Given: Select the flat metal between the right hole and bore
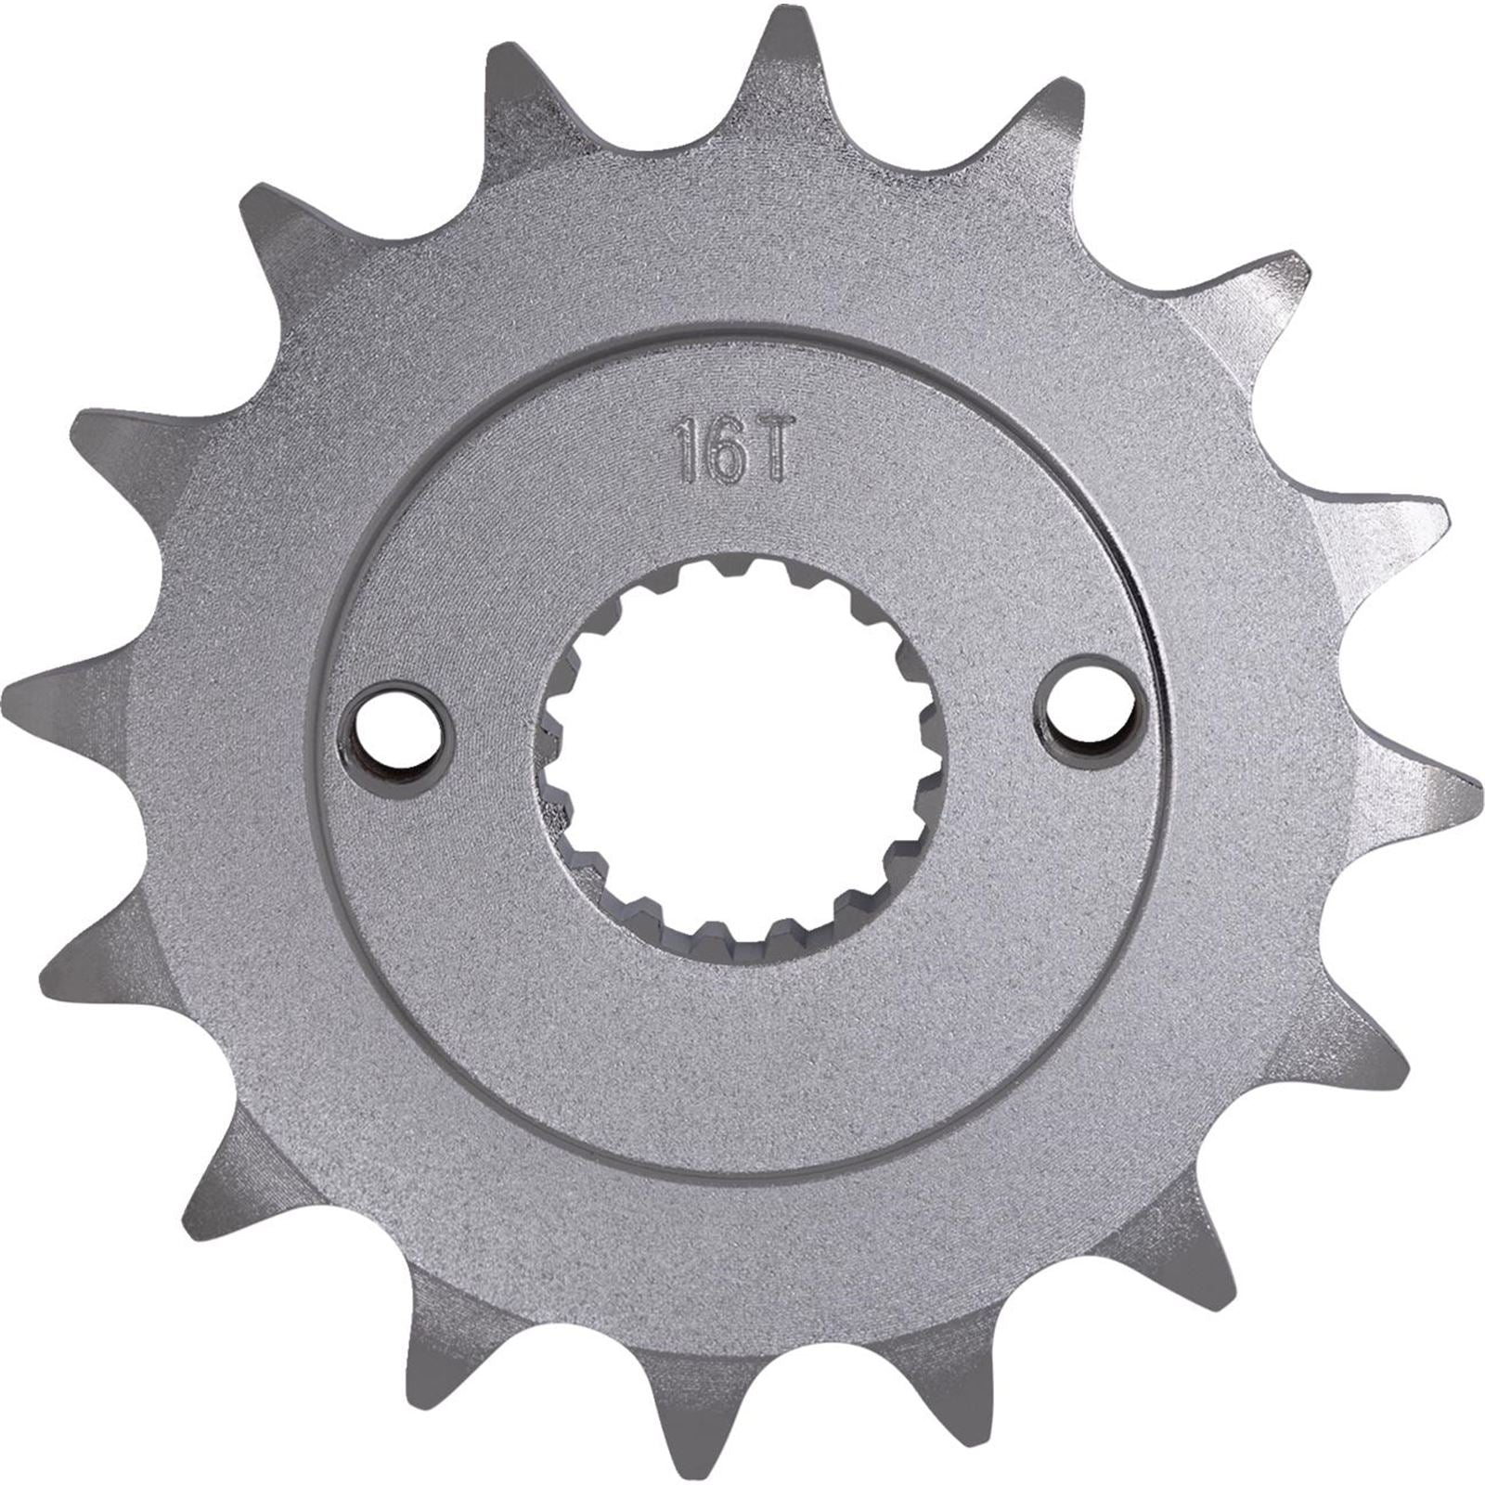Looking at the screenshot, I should point(993,715).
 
